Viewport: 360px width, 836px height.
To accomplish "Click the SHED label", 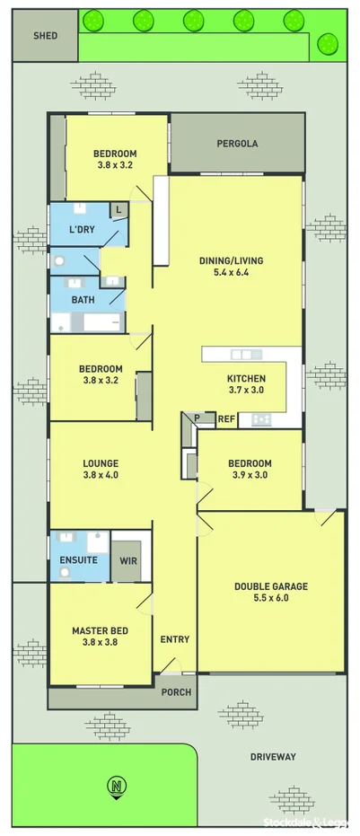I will point(45,37).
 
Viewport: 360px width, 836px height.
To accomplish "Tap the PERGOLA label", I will point(237,143).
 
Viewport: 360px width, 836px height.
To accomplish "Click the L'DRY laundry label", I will point(82,230).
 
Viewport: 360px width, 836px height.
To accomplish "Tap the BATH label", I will point(83,300).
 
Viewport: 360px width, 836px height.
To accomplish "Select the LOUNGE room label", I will point(101,463).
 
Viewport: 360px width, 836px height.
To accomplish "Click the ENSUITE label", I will point(78,561).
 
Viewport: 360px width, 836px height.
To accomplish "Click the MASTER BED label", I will point(100,630).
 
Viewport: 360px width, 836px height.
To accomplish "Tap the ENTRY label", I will point(174,639).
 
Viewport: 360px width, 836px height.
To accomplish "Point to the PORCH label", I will point(175,692).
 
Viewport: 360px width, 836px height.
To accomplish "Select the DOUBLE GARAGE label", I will point(270,586).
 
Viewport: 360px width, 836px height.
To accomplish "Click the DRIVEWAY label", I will point(273,757).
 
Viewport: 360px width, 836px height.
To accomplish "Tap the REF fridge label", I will point(226,418).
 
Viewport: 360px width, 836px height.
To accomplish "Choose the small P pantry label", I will point(196,418).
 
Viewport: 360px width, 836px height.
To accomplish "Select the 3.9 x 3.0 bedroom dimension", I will point(250,476).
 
